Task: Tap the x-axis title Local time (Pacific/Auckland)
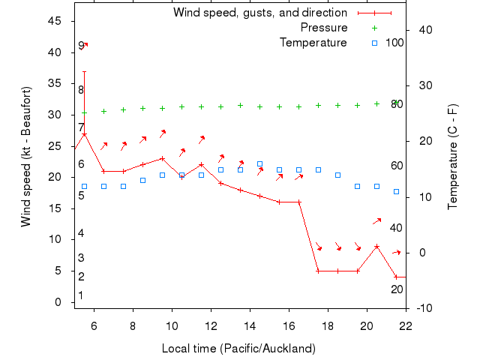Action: pos(238,349)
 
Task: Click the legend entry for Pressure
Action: pos(324,28)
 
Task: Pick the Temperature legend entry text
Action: pos(313,43)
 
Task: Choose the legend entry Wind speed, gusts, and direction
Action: pos(260,13)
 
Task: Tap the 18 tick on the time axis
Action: pos(328,325)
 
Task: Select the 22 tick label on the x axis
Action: pos(406,325)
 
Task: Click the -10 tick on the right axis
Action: pos(423,308)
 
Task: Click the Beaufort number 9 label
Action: pos(81,46)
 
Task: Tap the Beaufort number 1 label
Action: pos(81,295)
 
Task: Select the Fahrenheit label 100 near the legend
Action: pos(394,43)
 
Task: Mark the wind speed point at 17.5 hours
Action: pos(318,271)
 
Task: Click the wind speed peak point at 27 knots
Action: pos(84,134)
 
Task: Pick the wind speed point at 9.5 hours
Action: pos(162,158)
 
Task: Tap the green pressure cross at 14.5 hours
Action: pos(259,106)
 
